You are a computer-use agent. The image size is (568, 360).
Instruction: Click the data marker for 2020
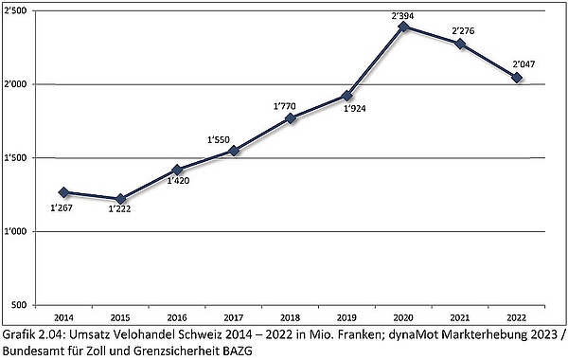[404, 27]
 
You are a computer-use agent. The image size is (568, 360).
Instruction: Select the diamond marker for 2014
[63, 192]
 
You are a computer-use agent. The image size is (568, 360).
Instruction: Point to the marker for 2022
[517, 78]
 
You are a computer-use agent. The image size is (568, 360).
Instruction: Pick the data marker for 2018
[291, 118]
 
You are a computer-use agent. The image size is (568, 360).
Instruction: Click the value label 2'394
[404, 13]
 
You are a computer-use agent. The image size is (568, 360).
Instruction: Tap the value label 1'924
[347, 109]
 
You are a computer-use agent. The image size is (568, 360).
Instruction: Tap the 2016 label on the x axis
[177, 317]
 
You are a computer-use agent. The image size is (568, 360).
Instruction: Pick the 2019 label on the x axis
[347, 317]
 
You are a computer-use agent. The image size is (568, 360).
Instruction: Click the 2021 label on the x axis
[460, 317]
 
